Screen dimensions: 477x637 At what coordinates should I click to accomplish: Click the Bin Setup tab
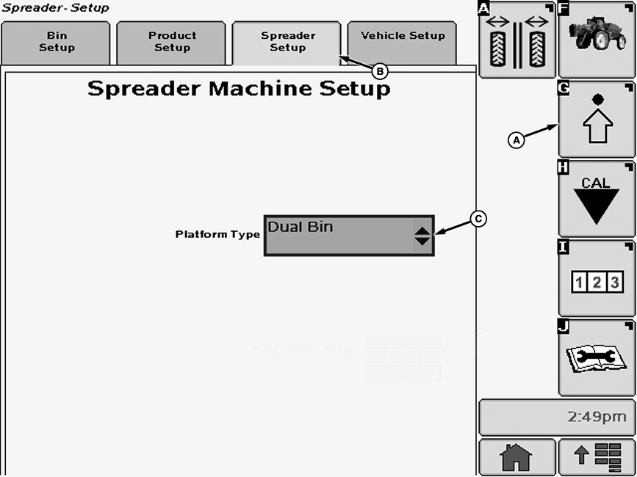click(x=56, y=42)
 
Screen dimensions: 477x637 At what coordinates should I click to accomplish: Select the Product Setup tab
click(x=172, y=42)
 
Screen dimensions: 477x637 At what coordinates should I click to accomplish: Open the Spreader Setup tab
click(x=287, y=42)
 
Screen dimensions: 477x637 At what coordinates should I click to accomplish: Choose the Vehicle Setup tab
click(x=403, y=37)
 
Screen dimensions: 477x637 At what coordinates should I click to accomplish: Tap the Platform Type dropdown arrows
click(x=422, y=236)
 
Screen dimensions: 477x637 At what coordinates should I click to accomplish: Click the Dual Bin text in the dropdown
click(x=300, y=227)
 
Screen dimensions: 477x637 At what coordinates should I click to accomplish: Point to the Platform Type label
click(x=217, y=235)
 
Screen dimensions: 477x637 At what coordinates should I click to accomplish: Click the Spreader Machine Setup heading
click(x=239, y=90)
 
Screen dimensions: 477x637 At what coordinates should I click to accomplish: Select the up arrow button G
click(x=596, y=120)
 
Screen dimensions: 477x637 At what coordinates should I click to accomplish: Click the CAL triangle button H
click(x=596, y=199)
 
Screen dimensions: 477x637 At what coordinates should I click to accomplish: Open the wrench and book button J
click(x=596, y=357)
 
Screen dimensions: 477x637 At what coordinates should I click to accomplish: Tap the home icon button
click(x=516, y=458)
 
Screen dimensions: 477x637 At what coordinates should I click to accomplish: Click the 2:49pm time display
click(x=556, y=418)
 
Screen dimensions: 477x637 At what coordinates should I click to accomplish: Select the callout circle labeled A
click(x=516, y=138)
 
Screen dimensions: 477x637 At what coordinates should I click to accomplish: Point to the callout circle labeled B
click(x=379, y=71)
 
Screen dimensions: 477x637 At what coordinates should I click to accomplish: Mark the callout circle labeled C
click(x=478, y=218)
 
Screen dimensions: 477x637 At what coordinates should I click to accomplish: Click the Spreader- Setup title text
click(x=55, y=8)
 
